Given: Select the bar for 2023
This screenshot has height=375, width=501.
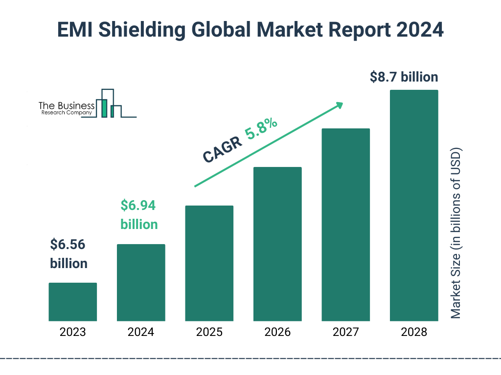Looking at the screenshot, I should (x=72, y=302).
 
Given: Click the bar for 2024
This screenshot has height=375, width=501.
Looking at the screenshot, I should (x=141, y=282).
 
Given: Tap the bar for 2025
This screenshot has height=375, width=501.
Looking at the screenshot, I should (x=209, y=263).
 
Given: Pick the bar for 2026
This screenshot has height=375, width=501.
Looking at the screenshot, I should (x=277, y=244).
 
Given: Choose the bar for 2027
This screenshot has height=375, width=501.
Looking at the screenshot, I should (x=345, y=225).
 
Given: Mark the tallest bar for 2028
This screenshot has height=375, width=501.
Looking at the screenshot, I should (x=413, y=205).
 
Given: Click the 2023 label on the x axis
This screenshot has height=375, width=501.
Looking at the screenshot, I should (x=72, y=333).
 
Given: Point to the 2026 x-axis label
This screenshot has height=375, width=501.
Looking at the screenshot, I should (x=277, y=333).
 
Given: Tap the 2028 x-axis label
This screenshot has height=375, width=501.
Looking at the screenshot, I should (x=413, y=333).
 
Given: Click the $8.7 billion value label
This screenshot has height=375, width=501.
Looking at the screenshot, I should (x=404, y=77).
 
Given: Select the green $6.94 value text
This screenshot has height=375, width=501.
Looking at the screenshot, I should (x=138, y=206).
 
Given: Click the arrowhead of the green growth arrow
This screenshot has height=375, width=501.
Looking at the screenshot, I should (x=339, y=105).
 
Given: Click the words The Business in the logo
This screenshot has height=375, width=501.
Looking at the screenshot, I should (x=67, y=105).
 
